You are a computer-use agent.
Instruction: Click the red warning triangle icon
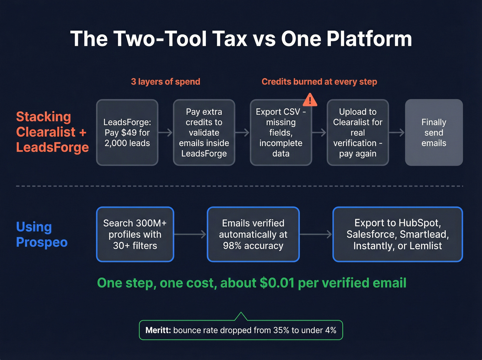click(x=310, y=100)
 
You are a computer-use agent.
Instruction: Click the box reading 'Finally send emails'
click(x=434, y=133)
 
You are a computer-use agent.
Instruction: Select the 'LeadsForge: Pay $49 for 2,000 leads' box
click(x=127, y=133)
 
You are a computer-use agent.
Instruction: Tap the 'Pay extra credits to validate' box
click(x=204, y=133)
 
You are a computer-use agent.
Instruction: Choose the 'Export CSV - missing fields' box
click(x=281, y=133)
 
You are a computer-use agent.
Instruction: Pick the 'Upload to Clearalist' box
click(x=357, y=133)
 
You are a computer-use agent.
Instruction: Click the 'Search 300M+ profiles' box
click(x=135, y=234)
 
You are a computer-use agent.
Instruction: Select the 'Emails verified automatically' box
click(x=253, y=234)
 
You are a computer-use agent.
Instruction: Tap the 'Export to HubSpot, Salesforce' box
click(x=398, y=234)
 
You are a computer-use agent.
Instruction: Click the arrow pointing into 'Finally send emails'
click(x=397, y=133)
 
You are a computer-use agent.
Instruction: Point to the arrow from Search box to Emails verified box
click(x=190, y=234)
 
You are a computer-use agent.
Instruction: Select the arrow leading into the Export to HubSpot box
click(x=316, y=234)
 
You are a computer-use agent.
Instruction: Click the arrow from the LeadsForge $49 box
click(x=166, y=133)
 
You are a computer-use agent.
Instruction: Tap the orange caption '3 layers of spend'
click(x=165, y=82)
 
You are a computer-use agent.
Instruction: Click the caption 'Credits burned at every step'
click(x=319, y=82)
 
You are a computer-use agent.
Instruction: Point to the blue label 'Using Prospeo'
click(x=42, y=234)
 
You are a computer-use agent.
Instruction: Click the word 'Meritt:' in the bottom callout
click(x=158, y=330)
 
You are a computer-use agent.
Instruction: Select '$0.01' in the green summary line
click(x=277, y=283)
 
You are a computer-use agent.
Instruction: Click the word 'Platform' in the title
click(x=369, y=39)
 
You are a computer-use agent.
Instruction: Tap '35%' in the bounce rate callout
click(x=281, y=330)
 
